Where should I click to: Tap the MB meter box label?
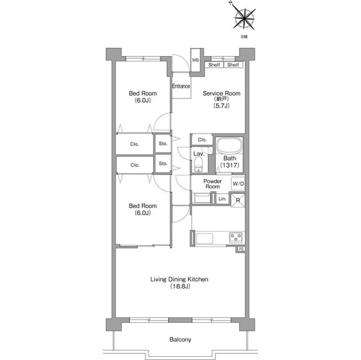pyautogui.click(x=196, y=60)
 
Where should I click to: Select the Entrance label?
pyautogui.click(x=181, y=86)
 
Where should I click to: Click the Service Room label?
pyautogui.click(x=221, y=94)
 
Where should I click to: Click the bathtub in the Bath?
pyautogui.click(x=229, y=145)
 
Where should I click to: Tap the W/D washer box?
pyautogui.click(x=238, y=184)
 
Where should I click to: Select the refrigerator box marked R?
pyautogui.click(x=238, y=200)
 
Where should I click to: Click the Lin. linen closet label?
pyautogui.click(x=222, y=199)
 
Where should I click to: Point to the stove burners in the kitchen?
pyautogui.click(x=236, y=237)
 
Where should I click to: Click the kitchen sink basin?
pyautogui.click(x=204, y=238)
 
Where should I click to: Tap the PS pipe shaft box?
pyautogui.click(x=241, y=249)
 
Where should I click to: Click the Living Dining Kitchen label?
pyautogui.click(x=179, y=279)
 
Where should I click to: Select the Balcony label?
pyautogui.click(x=180, y=340)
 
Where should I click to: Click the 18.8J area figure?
pyautogui.click(x=180, y=286)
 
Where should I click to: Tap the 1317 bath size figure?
pyautogui.click(x=230, y=165)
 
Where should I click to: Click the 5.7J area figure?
pyautogui.click(x=222, y=106)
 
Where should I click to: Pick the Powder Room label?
pyautogui.click(x=213, y=184)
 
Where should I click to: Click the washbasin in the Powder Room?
pyautogui.click(x=201, y=198)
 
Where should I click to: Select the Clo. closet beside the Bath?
pyautogui.click(x=202, y=140)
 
